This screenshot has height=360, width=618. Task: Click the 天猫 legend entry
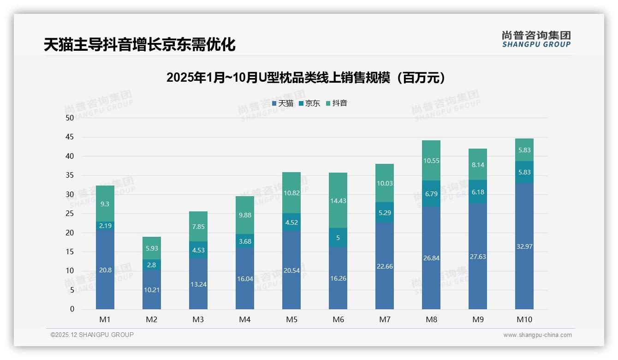click(x=283, y=103)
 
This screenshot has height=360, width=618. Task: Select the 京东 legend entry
click(x=309, y=103)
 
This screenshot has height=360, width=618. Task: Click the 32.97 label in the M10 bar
click(x=524, y=246)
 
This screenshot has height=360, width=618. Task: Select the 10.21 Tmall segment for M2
click(x=152, y=290)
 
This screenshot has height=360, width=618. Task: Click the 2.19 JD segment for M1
click(x=105, y=226)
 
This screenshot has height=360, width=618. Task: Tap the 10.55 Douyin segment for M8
click(x=431, y=161)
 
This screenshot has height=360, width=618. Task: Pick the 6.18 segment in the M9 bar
click(x=478, y=192)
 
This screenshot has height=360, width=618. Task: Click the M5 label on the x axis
click(x=291, y=319)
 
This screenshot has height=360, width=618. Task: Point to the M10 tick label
click(x=524, y=319)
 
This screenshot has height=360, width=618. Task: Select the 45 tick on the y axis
click(x=70, y=137)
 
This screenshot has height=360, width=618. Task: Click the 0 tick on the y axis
click(x=72, y=309)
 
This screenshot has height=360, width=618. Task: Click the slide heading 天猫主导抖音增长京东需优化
click(x=140, y=45)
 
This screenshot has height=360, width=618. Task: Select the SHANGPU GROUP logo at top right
click(x=536, y=39)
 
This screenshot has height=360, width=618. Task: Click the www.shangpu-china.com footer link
click(x=537, y=335)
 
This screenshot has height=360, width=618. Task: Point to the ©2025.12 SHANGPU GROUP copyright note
click(x=92, y=335)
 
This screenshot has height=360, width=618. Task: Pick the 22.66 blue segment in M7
click(x=385, y=266)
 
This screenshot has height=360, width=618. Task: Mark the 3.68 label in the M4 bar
click(x=245, y=241)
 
